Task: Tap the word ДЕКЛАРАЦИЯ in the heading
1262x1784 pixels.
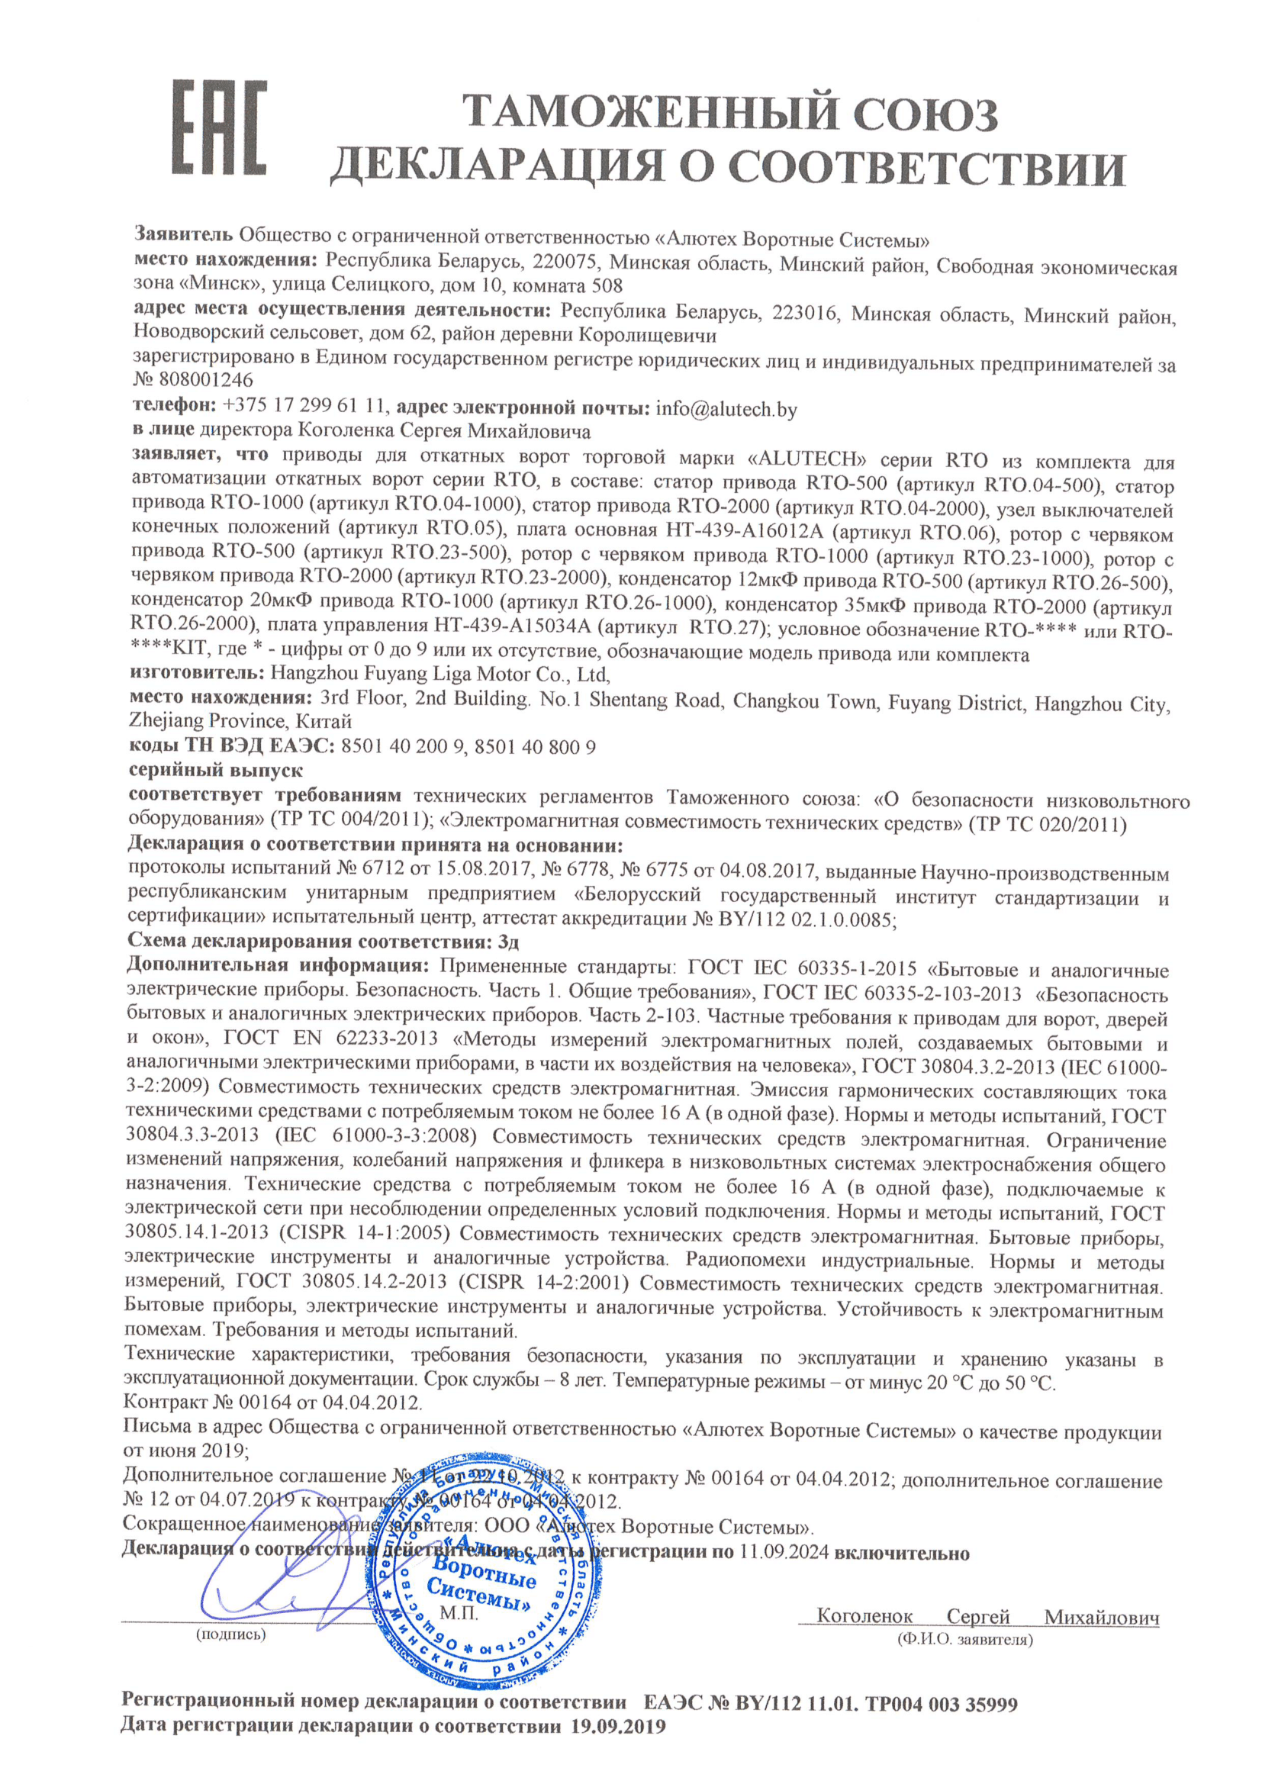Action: point(501,168)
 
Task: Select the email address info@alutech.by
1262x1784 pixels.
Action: point(726,410)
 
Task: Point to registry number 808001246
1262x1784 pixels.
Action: point(206,380)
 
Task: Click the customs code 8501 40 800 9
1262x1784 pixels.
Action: point(535,748)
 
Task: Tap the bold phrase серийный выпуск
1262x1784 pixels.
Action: point(216,771)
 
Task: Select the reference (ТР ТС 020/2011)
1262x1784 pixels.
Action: point(1048,824)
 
